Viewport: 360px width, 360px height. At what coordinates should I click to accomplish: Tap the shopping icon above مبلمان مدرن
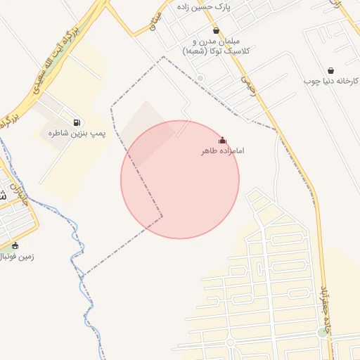[x=215, y=31]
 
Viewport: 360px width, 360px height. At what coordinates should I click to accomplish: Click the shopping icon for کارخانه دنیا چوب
[x=330, y=70]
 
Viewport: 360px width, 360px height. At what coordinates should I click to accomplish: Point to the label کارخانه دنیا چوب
[x=332, y=82]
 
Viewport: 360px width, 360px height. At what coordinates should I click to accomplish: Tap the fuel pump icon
[x=76, y=122]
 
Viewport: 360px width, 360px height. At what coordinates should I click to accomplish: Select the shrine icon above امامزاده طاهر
[x=223, y=140]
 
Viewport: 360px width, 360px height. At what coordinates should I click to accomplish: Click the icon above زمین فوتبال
[x=15, y=245]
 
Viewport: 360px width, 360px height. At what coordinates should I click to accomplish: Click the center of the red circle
[x=180, y=179]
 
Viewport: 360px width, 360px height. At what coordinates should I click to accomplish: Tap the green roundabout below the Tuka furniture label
[x=200, y=78]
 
